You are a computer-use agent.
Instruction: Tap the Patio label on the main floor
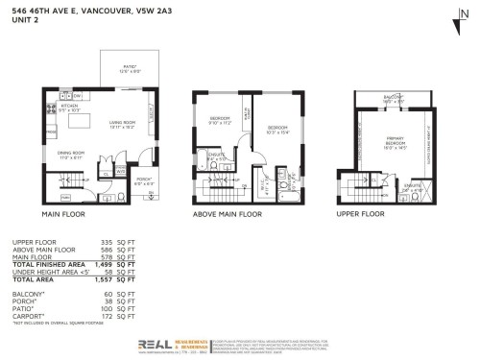pyautogui.click(x=129, y=68)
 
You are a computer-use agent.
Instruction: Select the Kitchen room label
pyautogui.click(x=74, y=109)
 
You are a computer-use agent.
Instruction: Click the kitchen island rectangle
pyautogui.click(x=92, y=123)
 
